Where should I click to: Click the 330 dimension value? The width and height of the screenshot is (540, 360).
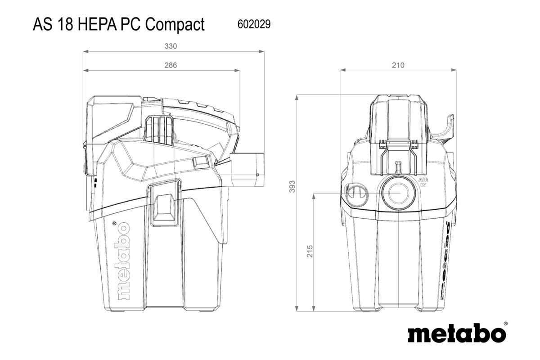[x=171, y=46]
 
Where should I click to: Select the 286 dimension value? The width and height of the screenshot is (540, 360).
[x=171, y=65]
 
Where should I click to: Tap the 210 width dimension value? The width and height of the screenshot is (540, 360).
[x=398, y=65]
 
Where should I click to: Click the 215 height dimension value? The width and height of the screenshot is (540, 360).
[x=310, y=252]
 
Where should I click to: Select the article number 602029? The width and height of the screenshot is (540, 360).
[x=253, y=24]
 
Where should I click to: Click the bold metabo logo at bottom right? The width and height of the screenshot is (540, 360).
[x=456, y=334]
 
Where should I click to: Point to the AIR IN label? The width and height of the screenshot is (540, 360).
[x=423, y=182]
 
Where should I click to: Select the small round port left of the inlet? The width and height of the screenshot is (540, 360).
[x=356, y=194]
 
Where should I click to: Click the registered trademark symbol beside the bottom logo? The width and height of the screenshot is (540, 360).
[x=505, y=324]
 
